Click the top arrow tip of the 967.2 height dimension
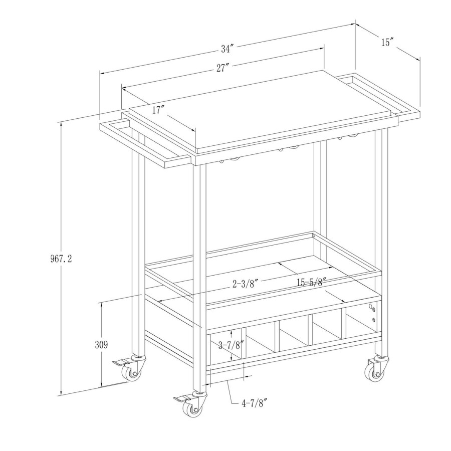point(61,122)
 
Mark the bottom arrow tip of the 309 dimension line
point(101,387)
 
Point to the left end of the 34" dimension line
point(100,73)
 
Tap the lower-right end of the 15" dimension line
point(419,61)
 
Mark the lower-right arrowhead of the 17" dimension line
point(195,132)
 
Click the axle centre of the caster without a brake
point(377,374)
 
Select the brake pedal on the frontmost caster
point(181,399)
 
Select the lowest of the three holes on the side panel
point(374,320)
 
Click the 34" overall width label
point(227,49)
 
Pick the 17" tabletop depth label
point(158,110)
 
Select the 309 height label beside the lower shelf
point(101,345)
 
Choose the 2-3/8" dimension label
point(245,284)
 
